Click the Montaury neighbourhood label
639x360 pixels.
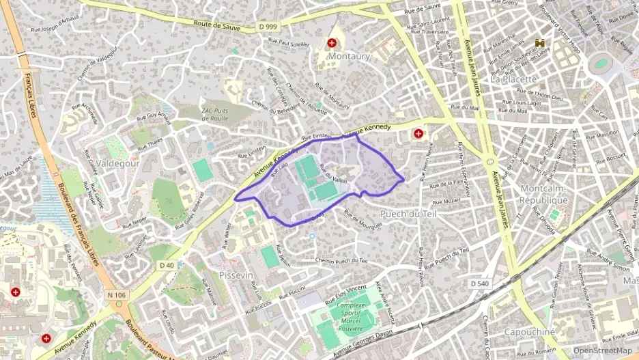(349, 57)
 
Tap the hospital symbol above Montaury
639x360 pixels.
(332, 43)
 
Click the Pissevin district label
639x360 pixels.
(237, 274)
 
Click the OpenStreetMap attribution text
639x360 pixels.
(602, 350)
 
